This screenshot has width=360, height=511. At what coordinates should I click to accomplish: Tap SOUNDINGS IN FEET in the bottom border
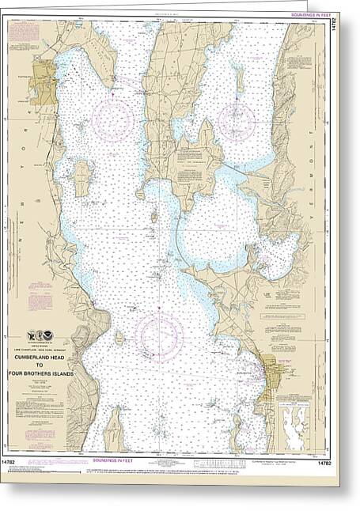point(112,459)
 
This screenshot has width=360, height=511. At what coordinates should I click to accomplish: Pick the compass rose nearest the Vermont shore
point(237,121)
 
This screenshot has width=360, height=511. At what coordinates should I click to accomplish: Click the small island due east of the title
point(119,339)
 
